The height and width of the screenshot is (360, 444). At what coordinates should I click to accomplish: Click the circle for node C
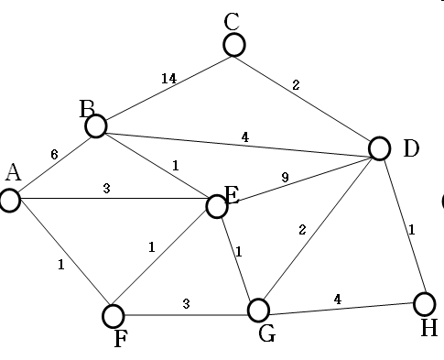[234, 45]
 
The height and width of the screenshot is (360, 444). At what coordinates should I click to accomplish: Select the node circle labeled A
[10, 201]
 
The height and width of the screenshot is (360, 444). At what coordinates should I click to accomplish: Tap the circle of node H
[424, 303]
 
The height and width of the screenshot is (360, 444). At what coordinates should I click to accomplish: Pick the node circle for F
[113, 316]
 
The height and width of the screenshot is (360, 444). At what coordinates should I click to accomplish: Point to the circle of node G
[259, 310]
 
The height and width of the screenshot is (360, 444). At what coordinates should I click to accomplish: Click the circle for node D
[381, 148]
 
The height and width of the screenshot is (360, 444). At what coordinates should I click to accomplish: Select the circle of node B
[95, 125]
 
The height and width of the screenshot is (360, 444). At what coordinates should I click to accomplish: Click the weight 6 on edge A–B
[54, 155]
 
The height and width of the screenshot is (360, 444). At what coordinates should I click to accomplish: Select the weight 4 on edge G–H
[337, 298]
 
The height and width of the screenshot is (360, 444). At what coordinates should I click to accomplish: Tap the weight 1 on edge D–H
[412, 230]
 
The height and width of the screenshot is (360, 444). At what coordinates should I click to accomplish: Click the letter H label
[428, 327]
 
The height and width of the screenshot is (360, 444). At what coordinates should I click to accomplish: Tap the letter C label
[232, 20]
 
